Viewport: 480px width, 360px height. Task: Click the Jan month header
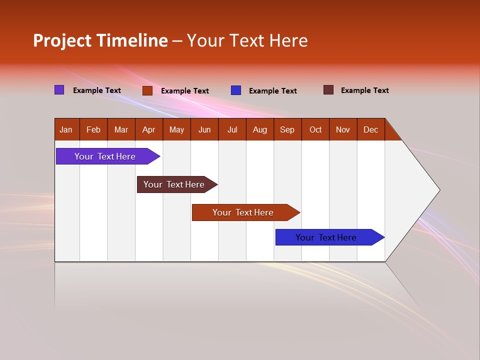click(66, 129)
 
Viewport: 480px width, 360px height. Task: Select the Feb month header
click(93, 129)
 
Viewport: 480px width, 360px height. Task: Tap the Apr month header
click(149, 129)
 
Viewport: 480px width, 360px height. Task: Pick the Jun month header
click(204, 129)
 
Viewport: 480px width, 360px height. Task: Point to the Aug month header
click(260, 129)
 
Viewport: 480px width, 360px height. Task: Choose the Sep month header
click(287, 129)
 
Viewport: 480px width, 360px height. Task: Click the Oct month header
click(315, 129)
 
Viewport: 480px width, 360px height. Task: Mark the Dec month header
click(371, 129)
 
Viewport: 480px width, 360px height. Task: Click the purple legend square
click(59, 90)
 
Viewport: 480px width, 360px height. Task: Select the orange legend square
click(147, 90)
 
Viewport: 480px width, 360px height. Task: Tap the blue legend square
click(236, 90)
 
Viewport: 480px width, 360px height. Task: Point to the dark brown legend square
click(328, 90)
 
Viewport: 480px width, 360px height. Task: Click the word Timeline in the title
click(131, 40)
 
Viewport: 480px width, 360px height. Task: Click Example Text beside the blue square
click(273, 91)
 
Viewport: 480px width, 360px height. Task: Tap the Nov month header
click(343, 129)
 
